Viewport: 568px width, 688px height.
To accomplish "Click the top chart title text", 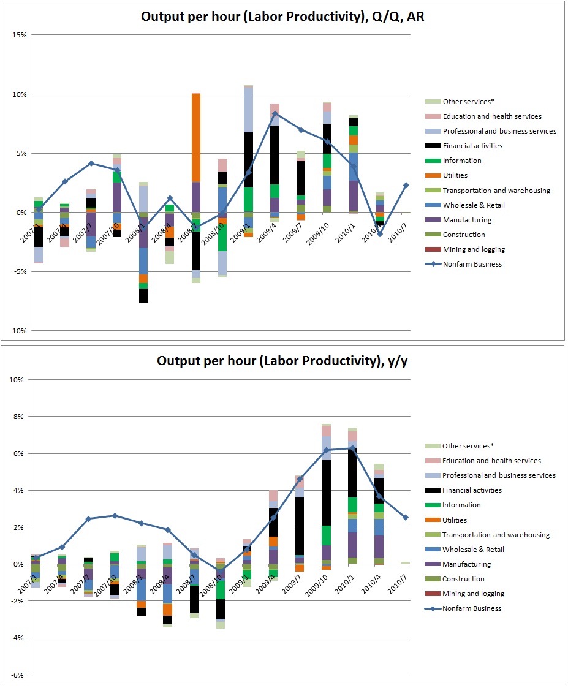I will click(282, 17).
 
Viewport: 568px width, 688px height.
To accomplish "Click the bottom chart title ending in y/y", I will click(282, 360).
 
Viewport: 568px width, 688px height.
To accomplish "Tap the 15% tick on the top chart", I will click(19, 35).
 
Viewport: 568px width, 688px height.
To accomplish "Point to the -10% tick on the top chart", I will click(17, 331).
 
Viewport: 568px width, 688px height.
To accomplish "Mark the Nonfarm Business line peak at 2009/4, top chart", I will click(275, 113).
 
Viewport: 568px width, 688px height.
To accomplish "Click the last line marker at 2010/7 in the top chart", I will click(406, 185).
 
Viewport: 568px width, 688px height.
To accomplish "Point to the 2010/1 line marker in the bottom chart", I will click(353, 448).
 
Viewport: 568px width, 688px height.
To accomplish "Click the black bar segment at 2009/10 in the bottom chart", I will click(327, 493).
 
